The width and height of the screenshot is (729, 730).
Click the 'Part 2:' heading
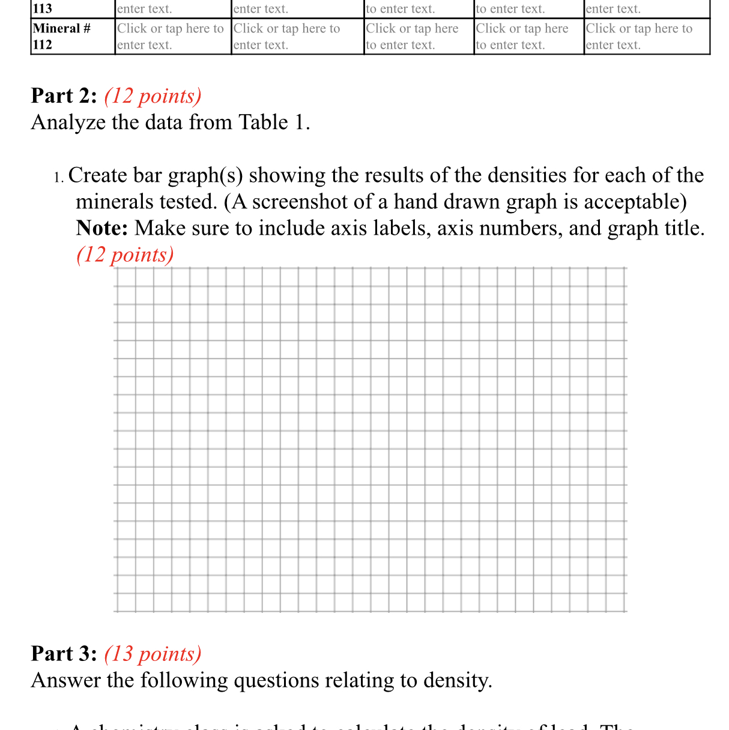pyautogui.click(x=64, y=96)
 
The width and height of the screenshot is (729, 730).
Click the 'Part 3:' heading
pyautogui.click(x=64, y=654)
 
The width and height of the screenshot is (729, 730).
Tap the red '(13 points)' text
pyautogui.click(x=153, y=654)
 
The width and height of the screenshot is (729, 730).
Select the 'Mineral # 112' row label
pyautogui.click(x=61, y=36)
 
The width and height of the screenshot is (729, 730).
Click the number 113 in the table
pyautogui.click(x=43, y=8)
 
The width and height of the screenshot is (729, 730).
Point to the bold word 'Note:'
pyautogui.click(x=102, y=229)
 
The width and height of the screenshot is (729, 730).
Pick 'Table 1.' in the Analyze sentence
pyautogui.click(x=274, y=122)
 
